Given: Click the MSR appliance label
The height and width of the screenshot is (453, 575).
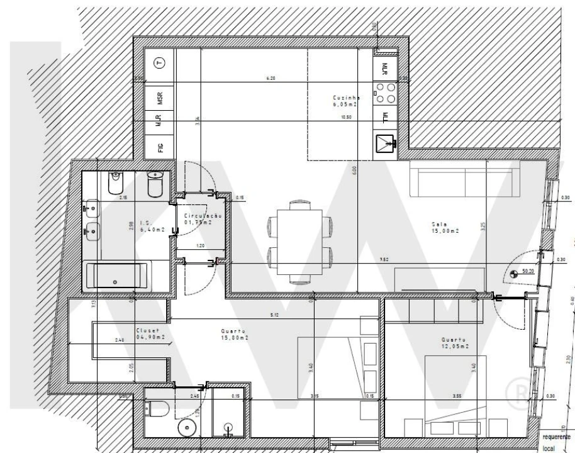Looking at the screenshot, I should [x=160, y=98].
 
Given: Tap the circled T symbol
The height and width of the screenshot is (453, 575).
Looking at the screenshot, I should [x=160, y=63].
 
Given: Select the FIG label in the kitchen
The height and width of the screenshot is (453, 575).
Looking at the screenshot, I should [x=160, y=148].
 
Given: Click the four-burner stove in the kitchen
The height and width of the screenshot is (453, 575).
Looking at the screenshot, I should [x=385, y=93].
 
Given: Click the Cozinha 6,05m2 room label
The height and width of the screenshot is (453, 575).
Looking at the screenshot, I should [x=345, y=101].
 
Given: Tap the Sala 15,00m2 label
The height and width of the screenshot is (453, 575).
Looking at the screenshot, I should [x=444, y=226].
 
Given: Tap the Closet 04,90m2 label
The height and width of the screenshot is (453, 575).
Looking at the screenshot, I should [x=150, y=333].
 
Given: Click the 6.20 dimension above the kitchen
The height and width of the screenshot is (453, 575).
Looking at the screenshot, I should [x=271, y=78].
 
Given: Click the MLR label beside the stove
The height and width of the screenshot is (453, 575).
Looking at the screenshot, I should [x=384, y=67].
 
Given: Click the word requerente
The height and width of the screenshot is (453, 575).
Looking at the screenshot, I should [x=555, y=436].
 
